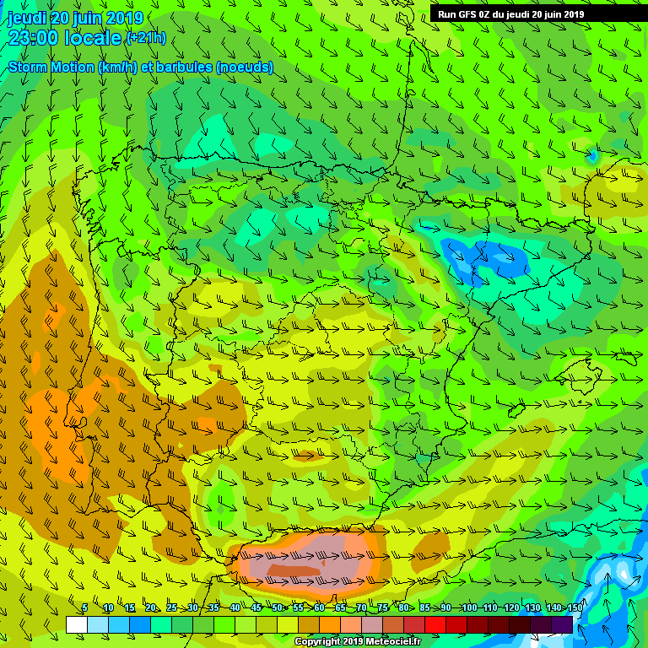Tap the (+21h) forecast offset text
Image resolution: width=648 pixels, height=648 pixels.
click(x=146, y=38)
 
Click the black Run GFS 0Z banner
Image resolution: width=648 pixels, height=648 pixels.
click(x=510, y=13)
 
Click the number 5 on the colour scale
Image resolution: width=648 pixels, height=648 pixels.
click(x=84, y=607)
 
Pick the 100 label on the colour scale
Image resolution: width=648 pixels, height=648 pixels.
click(x=469, y=607)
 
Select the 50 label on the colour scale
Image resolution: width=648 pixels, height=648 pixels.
click(x=277, y=607)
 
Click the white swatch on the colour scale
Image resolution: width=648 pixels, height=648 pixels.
click(x=76, y=624)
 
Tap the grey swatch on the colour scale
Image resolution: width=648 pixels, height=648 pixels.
click(x=372, y=624)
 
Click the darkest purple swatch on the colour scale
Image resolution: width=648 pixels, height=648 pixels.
click(x=563, y=624)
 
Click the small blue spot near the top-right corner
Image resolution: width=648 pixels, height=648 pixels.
click(x=593, y=156)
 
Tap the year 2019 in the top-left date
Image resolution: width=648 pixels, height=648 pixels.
click(x=125, y=18)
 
